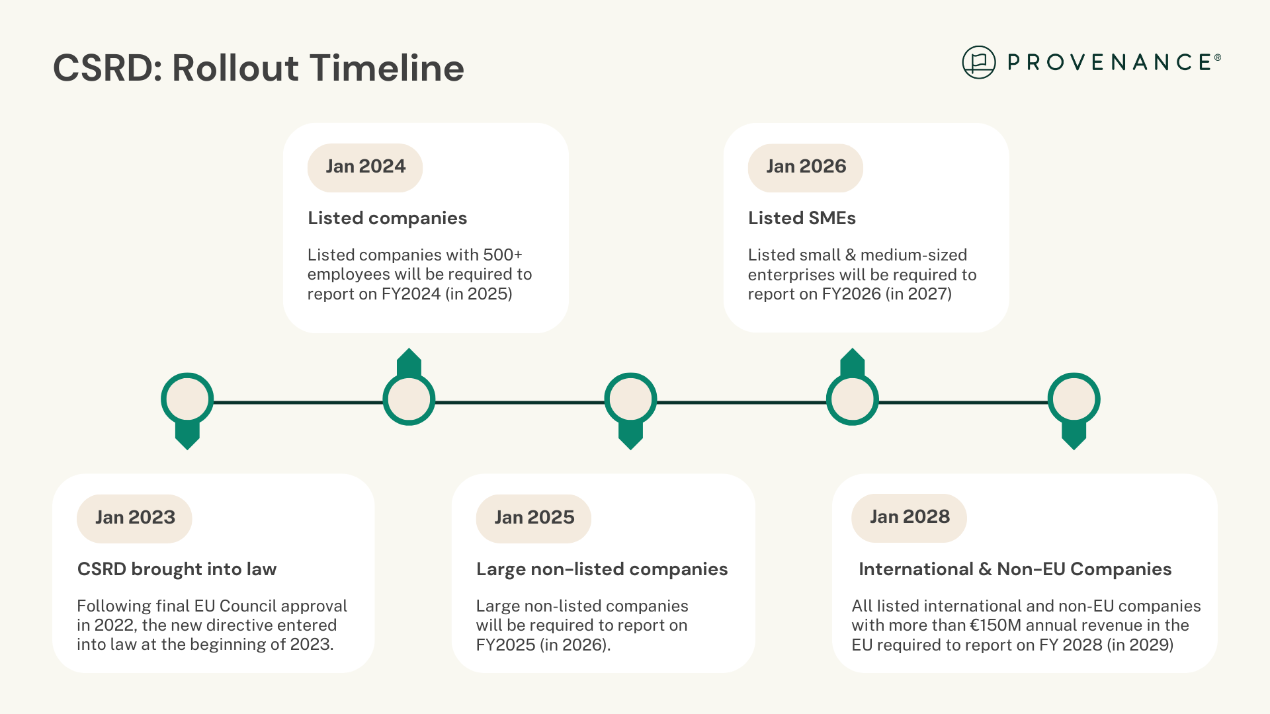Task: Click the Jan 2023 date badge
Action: point(134,518)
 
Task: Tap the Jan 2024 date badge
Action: point(365,167)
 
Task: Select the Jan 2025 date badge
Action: point(534,518)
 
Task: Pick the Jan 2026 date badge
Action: point(806,167)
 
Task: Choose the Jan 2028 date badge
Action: point(909,518)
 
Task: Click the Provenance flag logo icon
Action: point(979,62)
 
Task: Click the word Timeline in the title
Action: point(387,68)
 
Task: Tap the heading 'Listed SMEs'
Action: point(802,218)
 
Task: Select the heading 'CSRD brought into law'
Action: point(177,569)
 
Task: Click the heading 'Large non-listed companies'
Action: point(602,569)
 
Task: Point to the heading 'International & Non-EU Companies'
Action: point(1015,569)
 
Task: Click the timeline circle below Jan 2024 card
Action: point(409,399)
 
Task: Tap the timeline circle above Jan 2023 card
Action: point(187,399)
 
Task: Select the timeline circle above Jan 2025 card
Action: point(630,399)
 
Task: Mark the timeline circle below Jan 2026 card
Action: point(853,399)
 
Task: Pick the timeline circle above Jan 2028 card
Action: point(1074,399)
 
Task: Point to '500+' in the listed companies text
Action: point(503,255)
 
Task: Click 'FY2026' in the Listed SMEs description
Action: point(851,294)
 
